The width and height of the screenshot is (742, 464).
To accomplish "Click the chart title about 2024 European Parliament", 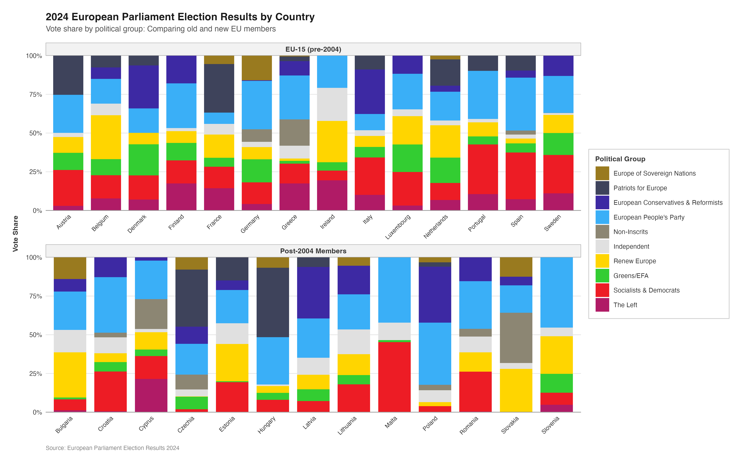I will click(180, 17).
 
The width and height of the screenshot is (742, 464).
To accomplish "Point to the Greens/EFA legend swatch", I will click(602, 276).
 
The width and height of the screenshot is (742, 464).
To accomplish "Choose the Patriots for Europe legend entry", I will click(640, 188).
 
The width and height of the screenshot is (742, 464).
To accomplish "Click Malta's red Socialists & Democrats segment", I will click(394, 377).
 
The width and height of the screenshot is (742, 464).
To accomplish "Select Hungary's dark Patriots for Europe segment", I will click(273, 302).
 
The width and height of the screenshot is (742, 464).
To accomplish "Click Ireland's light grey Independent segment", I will click(332, 104).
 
